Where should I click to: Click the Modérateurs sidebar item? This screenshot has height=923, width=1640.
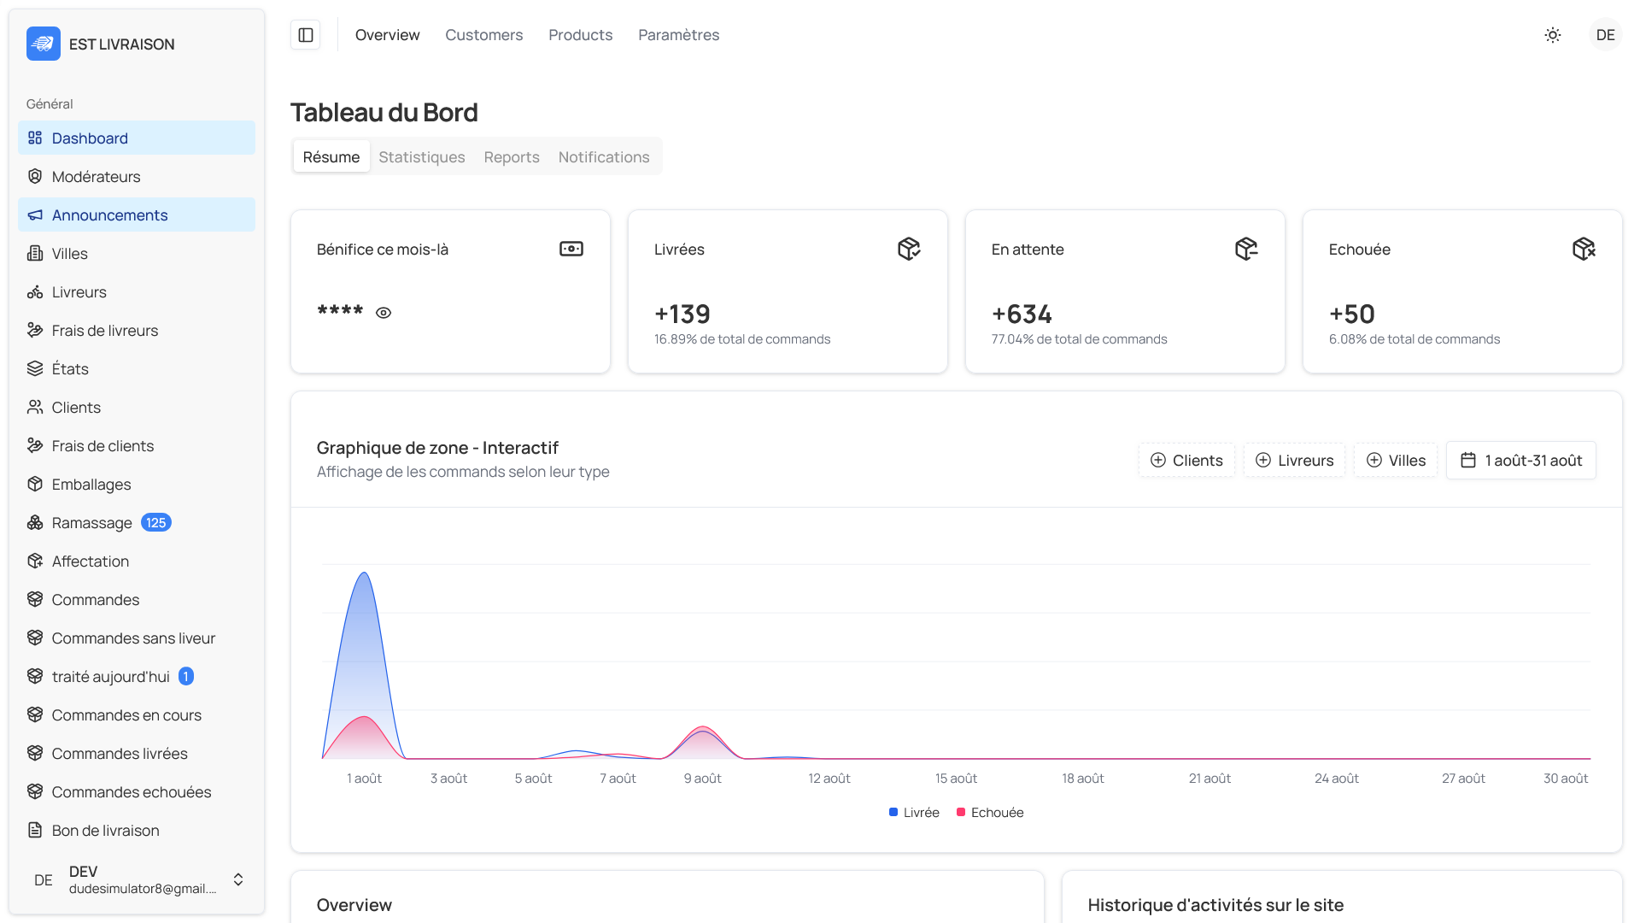click(96, 177)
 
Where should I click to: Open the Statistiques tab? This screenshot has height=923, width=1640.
click(422, 157)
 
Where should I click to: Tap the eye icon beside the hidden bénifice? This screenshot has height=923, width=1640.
click(384, 313)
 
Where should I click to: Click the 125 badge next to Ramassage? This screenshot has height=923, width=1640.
click(155, 523)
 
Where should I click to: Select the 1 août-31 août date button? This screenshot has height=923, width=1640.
click(1520, 461)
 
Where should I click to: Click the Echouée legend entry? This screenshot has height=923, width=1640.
click(990, 813)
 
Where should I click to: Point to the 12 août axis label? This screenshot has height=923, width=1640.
click(829, 779)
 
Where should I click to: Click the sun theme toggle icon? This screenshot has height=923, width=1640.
click(1552, 35)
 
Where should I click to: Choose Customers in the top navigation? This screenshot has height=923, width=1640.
click(483, 35)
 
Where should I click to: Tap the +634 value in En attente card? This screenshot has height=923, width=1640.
click(1022, 315)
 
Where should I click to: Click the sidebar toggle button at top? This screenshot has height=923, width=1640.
click(306, 35)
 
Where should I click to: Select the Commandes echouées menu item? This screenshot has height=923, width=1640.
click(131, 792)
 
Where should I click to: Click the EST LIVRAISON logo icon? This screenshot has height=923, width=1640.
click(43, 44)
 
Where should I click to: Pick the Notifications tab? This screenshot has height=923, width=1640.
click(603, 157)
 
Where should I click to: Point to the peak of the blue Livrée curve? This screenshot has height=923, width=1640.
click(365, 573)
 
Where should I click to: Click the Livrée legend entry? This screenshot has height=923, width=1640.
click(914, 813)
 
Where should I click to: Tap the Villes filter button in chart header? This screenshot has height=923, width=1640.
click(1396, 461)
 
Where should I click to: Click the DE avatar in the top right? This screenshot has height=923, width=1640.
click(1605, 35)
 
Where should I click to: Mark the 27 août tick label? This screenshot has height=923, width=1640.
click(1463, 779)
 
